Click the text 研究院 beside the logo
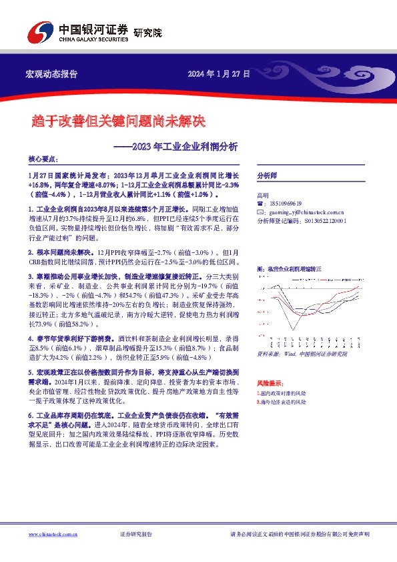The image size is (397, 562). coord(147,32)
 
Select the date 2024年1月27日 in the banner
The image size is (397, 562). coord(218,73)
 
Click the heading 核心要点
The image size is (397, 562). coord(43,160)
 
